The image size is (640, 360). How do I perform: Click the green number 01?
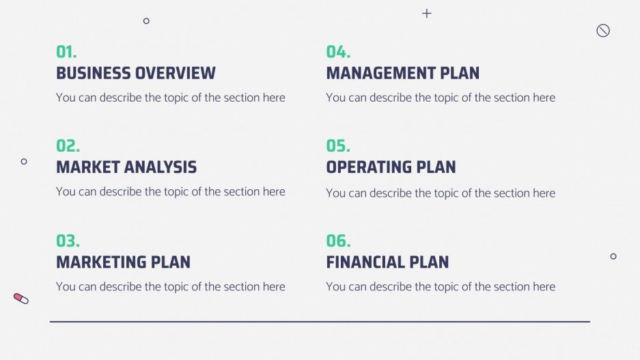click(x=66, y=52)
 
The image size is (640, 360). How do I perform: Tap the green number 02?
click(x=68, y=146)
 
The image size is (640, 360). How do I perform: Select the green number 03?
click(x=68, y=240)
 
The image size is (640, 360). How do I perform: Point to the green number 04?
click(x=337, y=52)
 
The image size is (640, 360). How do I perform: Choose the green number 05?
click(x=337, y=146)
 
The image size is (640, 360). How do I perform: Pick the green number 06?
click(x=337, y=240)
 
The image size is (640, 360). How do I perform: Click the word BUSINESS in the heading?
click(x=93, y=73)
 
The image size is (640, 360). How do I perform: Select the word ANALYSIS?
click(x=158, y=167)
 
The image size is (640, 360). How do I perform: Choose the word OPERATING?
click(x=370, y=167)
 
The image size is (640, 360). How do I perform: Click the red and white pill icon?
click(x=21, y=299)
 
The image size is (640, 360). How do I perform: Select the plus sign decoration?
click(x=427, y=13)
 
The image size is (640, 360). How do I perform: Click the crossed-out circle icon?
click(x=603, y=31)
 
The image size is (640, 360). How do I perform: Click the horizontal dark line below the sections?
click(x=320, y=321)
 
